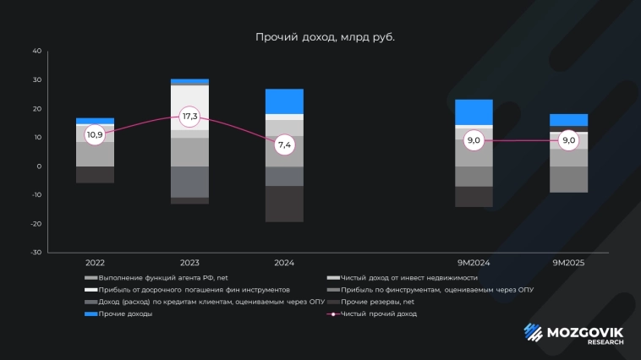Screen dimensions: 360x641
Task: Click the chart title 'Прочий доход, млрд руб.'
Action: pyautogui.click(x=325, y=37)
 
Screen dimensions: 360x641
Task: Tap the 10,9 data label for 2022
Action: pyautogui.click(x=95, y=134)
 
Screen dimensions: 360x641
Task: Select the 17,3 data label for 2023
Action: pyautogui.click(x=189, y=116)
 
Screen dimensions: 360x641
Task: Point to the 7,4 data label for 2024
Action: pyautogui.click(x=284, y=145)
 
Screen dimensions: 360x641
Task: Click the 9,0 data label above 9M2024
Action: pyautogui.click(x=474, y=140)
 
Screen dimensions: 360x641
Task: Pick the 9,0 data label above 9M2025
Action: pyautogui.click(x=568, y=140)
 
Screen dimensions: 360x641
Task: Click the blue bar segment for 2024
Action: pyautogui.click(x=284, y=101)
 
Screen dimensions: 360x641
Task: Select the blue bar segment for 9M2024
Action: pyautogui.click(x=474, y=112)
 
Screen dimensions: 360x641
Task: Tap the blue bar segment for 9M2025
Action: pyautogui.click(x=568, y=119)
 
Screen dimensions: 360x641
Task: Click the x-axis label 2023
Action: pyautogui.click(x=189, y=264)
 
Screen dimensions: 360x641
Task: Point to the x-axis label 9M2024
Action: pyautogui.click(x=474, y=264)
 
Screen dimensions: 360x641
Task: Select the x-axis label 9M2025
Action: pyautogui.click(x=568, y=264)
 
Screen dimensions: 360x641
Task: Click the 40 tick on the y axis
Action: pyautogui.click(x=36, y=51)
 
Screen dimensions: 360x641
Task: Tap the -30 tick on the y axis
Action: pyautogui.click(x=35, y=252)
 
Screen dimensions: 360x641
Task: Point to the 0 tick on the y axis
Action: pyautogui.click(x=38, y=166)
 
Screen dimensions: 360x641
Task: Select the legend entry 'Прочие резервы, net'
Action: pyautogui.click(x=377, y=302)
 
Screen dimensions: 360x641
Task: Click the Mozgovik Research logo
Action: pyautogui.click(x=574, y=334)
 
